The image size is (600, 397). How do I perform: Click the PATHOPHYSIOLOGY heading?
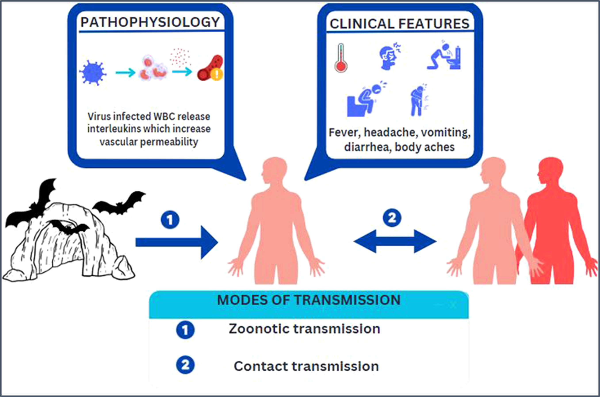click(150, 22)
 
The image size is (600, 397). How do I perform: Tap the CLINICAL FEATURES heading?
click(399, 24)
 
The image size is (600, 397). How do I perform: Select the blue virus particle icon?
click(93, 73)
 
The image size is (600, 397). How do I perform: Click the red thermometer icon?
click(341, 58)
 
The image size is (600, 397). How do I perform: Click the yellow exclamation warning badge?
click(217, 74)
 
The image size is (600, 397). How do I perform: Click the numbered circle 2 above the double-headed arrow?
click(392, 218)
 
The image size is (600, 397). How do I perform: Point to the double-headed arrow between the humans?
click(395, 241)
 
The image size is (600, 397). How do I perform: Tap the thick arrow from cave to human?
click(177, 242)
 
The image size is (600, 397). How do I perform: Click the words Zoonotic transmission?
click(304, 329)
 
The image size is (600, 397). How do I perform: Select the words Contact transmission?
click(306, 366)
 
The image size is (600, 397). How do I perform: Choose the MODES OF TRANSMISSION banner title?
click(309, 300)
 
